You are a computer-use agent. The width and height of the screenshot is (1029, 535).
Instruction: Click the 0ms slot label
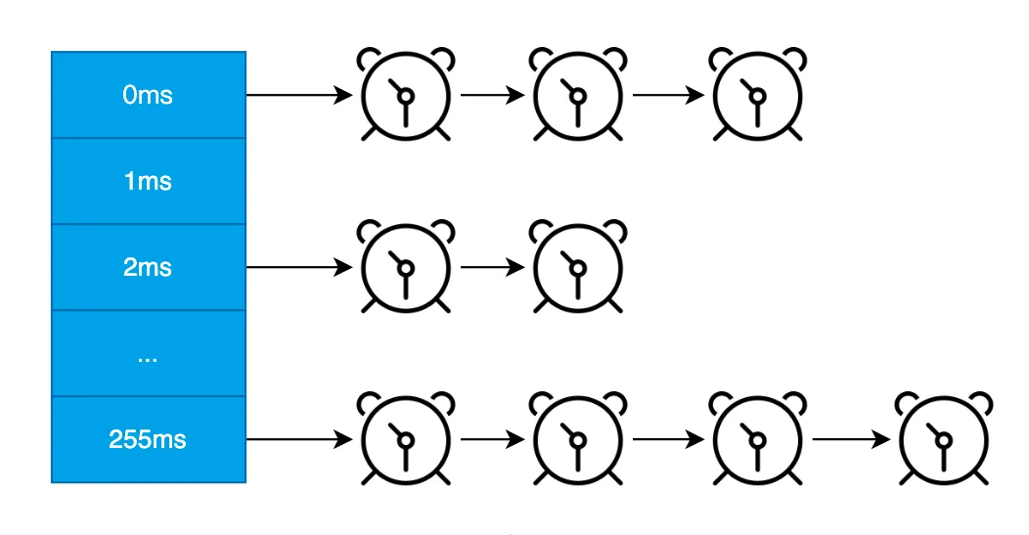pos(148,96)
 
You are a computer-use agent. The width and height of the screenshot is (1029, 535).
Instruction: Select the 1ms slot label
pos(148,182)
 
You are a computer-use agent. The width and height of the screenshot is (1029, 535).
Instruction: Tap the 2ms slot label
pos(148,267)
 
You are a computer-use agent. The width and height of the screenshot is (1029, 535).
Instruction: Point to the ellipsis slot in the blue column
pos(148,354)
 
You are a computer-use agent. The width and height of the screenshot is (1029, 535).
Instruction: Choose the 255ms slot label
pos(148,440)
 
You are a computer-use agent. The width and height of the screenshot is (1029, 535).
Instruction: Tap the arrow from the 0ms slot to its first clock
pos(298,96)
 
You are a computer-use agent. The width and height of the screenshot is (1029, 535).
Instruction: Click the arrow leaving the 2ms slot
pos(298,267)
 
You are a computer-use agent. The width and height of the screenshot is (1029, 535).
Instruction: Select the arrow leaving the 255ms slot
pos(298,440)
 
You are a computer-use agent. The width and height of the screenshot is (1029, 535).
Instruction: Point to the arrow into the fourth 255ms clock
pos(850,440)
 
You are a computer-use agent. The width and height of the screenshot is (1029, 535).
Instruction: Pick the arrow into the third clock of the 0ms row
pos(668,96)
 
